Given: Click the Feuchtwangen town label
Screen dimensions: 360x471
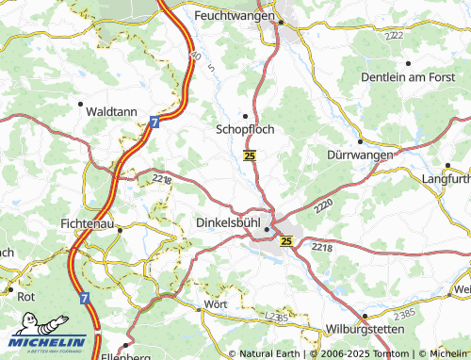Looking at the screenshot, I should coord(235,16).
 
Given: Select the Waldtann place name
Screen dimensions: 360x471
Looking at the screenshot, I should coord(111,110).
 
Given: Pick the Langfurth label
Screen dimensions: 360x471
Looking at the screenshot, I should coord(447,179).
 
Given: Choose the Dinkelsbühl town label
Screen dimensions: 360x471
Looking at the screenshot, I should coord(227,222).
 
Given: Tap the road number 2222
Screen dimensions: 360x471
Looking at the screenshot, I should coord(393,35).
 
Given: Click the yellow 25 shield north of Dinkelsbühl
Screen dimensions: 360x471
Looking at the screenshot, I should coord(249,155).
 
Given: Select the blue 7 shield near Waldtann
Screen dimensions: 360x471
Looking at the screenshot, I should coord(153,122).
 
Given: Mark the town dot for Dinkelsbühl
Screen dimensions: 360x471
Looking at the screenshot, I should coord(268,228).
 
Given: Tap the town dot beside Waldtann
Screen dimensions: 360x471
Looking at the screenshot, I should coord(81,104).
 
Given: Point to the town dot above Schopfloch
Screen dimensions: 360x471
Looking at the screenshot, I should coord(246,116).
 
